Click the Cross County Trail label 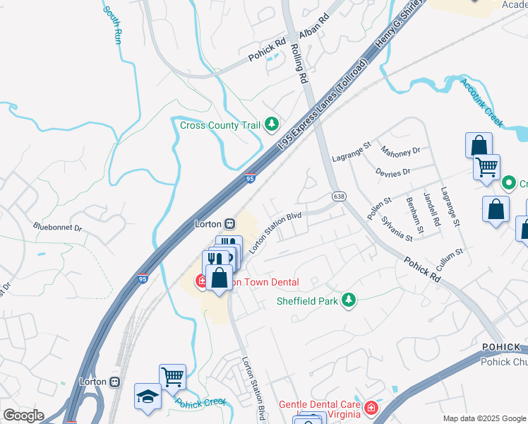click(x=219, y=126)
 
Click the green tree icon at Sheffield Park click(x=347, y=300)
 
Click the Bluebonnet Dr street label click(x=57, y=228)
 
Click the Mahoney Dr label click(x=400, y=151)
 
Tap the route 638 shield click(x=339, y=196)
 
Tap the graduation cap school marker click(x=148, y=396)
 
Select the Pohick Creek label click(x=200, y=402)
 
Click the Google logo click(x=23, y=416)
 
